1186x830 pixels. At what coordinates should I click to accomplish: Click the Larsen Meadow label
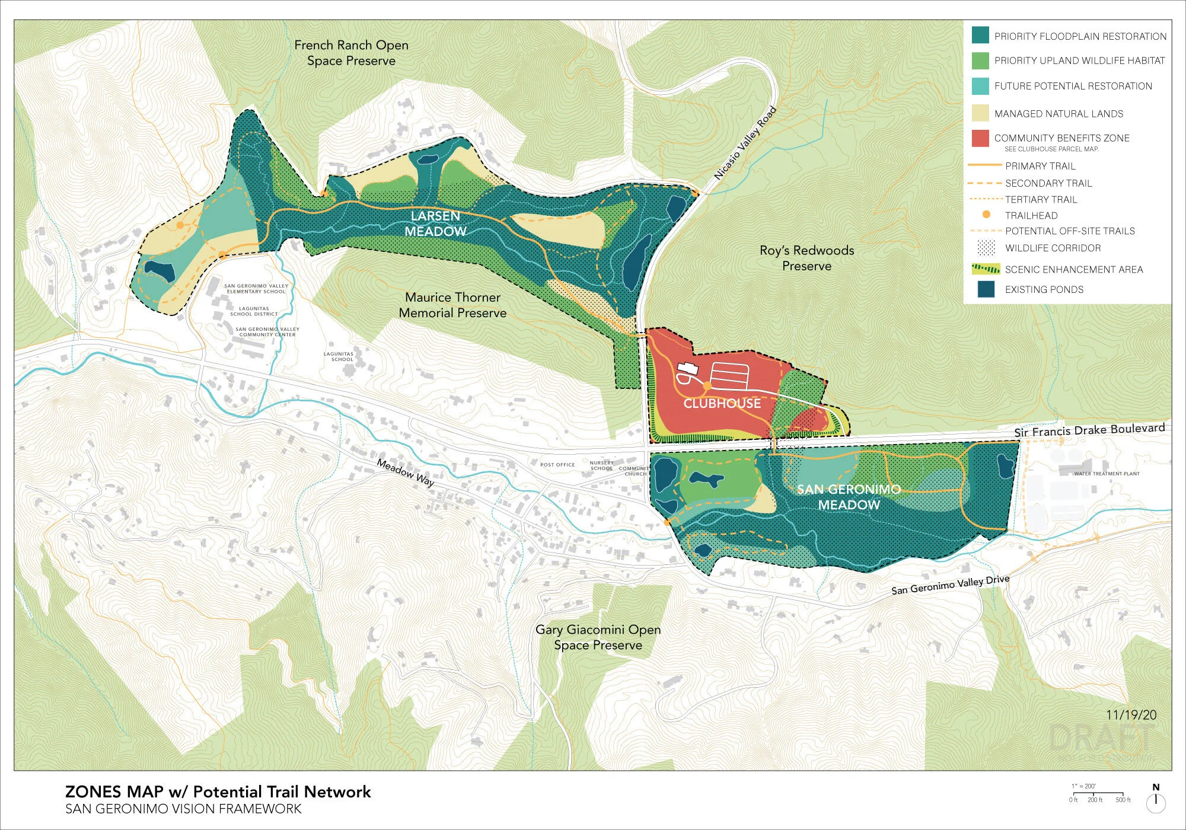click(435, 224)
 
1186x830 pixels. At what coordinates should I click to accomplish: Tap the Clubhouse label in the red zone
click(722, 404)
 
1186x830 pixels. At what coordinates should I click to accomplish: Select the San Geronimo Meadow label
click(849, 497)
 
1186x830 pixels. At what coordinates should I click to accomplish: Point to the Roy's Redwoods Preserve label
click(806, 258)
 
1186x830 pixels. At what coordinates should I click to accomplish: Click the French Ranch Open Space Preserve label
click(351, 53)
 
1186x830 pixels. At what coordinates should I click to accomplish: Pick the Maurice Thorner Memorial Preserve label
click(452, 305)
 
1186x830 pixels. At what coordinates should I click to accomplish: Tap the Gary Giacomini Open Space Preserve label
click(598, 637)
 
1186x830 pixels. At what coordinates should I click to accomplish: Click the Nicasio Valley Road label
click(745, 143)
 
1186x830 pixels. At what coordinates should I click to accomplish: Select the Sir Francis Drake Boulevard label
click(1089, 430)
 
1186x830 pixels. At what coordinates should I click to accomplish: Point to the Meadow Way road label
click(406, 473)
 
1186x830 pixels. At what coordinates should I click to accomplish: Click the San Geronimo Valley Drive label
click(950, 585)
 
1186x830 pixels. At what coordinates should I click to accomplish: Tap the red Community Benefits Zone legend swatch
click(980, 138)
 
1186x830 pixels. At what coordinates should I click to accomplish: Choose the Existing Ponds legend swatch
click(986, 289)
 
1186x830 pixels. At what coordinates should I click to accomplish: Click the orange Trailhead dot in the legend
click(986, 215)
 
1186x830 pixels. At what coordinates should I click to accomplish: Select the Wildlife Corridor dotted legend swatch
click(986, 248)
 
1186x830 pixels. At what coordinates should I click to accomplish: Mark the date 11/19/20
click(1131, 715)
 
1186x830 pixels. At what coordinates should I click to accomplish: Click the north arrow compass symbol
click(1156, 800)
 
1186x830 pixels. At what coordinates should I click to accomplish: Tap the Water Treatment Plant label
click(1107, 474)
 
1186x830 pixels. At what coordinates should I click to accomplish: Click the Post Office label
click(557, 465)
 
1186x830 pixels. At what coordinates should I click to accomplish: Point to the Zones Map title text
click(218, 792)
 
